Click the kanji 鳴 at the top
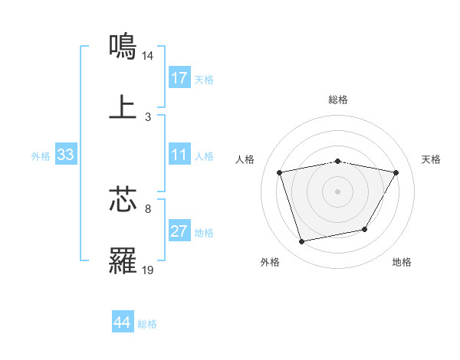[123, 46]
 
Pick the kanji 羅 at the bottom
[123, 260]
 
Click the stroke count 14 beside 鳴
[148, 56]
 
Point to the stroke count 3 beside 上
[148, 117]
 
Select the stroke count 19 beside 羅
[148, 270]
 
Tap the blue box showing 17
[179, 78]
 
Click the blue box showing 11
[179, 155]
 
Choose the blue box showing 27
[179, 232]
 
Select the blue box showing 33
[65, 155]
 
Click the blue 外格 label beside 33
[41, 156]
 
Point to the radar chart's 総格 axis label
[338, 100]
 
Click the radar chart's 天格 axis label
[432, 159]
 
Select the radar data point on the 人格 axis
[280, 172]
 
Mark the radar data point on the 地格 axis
[365, 229]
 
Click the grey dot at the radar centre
[338, 191]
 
